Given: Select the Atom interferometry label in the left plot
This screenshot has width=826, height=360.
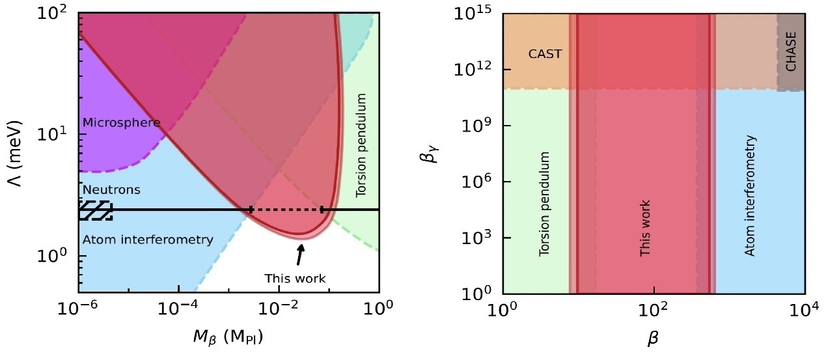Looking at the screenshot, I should coord(148,240).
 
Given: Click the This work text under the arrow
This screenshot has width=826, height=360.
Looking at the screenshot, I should coord(295,279).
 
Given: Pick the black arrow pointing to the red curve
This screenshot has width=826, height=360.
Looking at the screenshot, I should coord(299,255).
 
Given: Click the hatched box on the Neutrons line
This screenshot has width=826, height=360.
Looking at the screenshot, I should coord(95,210).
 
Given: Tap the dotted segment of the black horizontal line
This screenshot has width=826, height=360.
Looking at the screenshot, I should coord(286,210).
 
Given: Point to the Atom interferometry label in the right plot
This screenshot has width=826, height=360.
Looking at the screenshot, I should coord(750,195).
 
